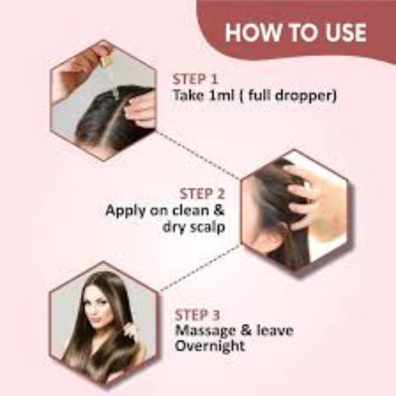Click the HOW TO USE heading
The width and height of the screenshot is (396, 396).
click(296, 33)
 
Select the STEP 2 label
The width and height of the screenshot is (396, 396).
click(202, 194)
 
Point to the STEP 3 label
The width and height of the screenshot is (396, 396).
click(197, 315)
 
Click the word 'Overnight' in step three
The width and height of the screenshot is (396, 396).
click(210, 346)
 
